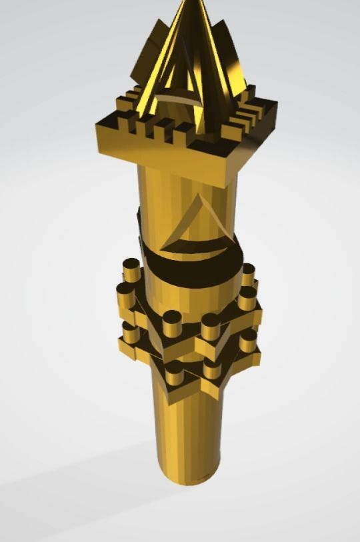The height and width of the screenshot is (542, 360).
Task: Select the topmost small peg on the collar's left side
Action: click(x=131, y=270)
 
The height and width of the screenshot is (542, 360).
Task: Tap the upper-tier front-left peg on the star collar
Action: click(x=172, y=321)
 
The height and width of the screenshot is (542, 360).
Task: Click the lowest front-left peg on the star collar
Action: click(x=175, y=375)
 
